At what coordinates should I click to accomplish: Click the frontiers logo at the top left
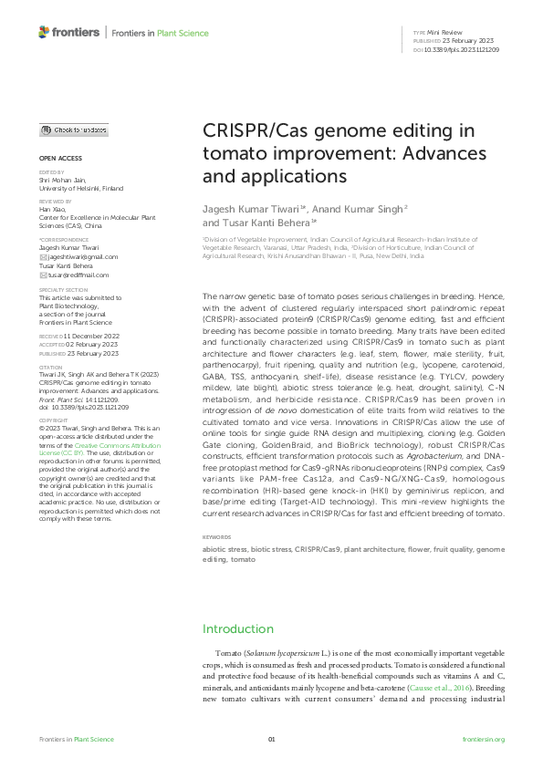[68, 33]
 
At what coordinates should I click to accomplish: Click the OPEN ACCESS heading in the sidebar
[60, 158]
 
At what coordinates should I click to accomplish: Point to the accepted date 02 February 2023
[85, 343]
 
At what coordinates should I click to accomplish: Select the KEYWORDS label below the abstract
[216, 537]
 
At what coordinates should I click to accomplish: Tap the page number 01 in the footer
[271, 739]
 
